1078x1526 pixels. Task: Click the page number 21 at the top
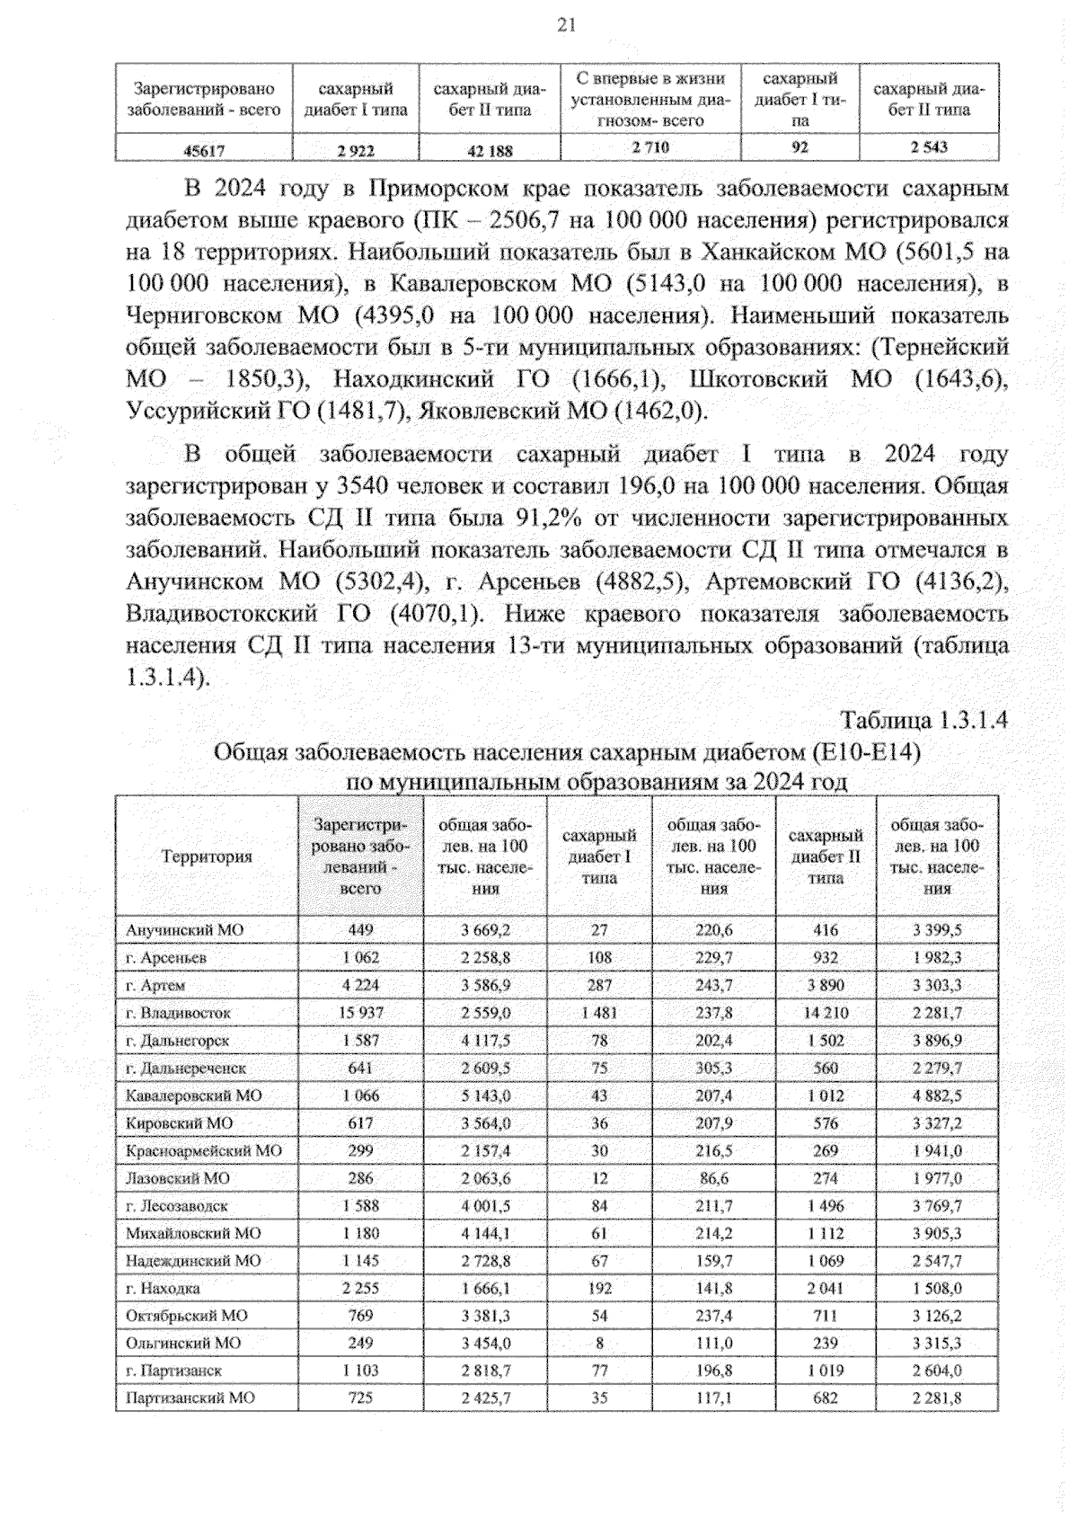tap(566, 25)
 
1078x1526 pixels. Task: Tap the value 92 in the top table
tap(800, 147)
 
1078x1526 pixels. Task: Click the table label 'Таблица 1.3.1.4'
tap(924, 721)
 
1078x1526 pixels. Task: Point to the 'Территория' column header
tap(207, 856)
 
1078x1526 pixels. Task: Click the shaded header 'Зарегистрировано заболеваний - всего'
tap(360, 856)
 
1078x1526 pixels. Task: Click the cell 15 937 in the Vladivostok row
tap(360, 1013)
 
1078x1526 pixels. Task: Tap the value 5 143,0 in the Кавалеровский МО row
tap(486, 1096)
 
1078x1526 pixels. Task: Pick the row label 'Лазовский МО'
tap(178, 1178)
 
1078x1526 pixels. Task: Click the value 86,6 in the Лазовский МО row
tap(713, 1178)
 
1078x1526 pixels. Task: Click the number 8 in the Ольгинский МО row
tap(599, 1344)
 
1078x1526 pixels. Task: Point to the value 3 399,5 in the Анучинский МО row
tap(937, 930)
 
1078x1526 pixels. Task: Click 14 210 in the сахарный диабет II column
tap(826, 1013)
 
